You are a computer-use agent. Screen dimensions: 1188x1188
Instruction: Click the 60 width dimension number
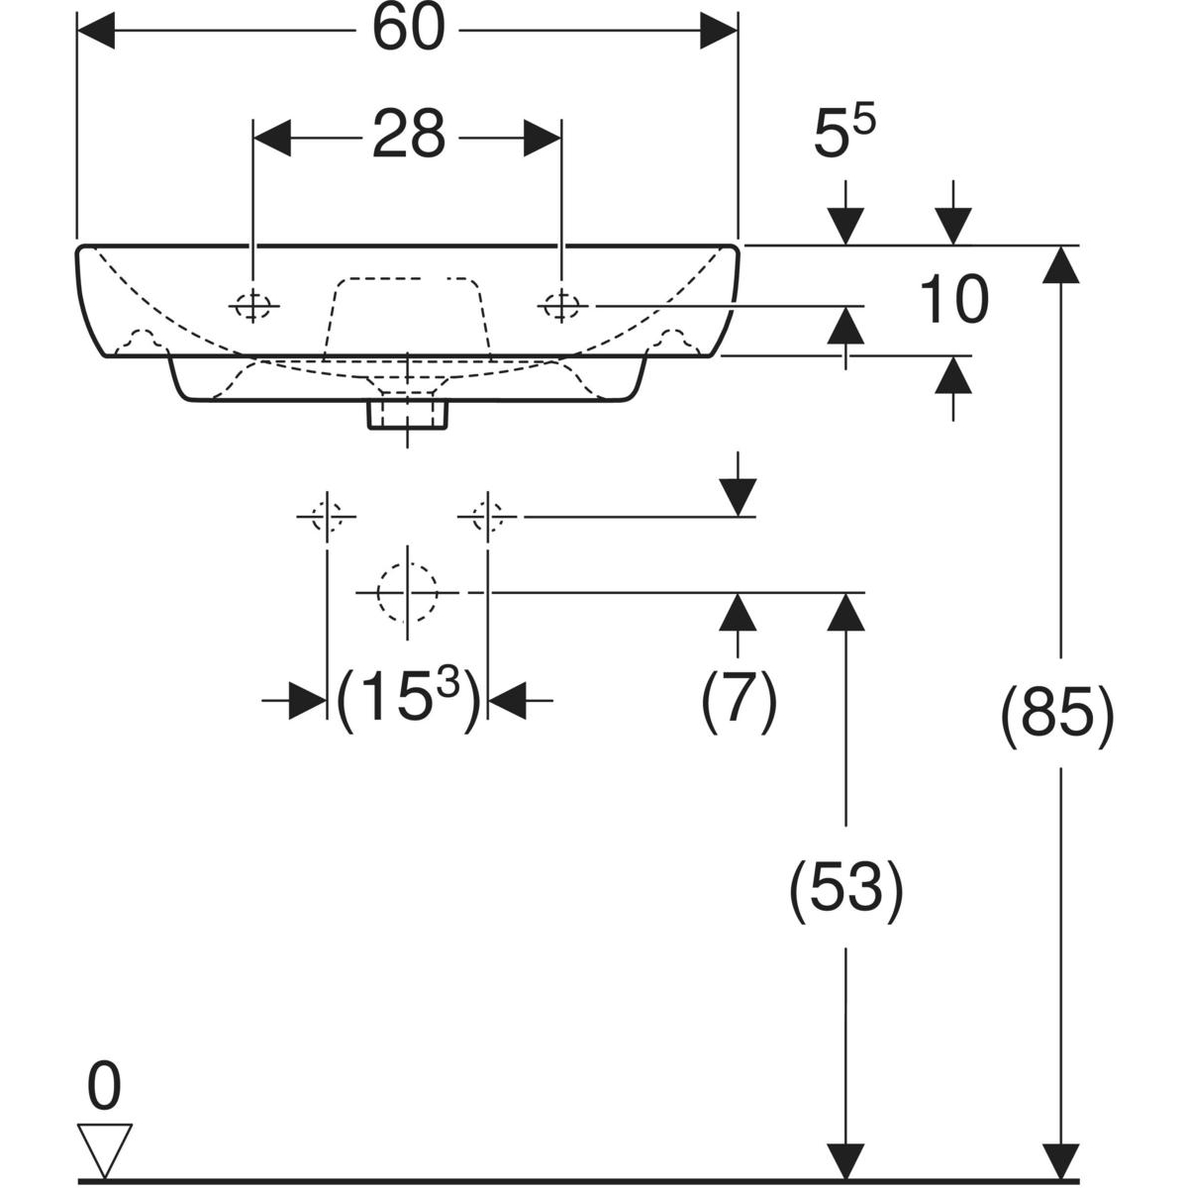click(408, 31)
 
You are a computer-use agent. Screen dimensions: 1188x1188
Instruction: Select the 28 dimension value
click(408, 136)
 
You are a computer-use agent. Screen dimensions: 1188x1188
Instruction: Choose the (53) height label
click(845, 888)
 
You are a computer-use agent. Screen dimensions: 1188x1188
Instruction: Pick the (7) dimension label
click(739, 700)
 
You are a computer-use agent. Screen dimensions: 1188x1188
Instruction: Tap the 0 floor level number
click(104, 1087)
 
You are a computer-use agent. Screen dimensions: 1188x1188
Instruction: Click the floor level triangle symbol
click(104, 1149)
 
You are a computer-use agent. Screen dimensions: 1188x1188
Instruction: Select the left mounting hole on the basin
click(253, 307)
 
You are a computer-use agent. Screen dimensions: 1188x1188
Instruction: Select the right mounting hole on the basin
click(561, 307)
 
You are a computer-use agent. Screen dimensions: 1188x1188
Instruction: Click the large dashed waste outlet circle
click(407, 592)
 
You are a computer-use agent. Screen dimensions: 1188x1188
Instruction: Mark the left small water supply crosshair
click(327, 516)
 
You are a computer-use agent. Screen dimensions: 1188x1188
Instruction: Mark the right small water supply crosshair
click(486, 516)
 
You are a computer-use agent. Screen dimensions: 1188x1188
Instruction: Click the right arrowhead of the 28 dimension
click(543, 137)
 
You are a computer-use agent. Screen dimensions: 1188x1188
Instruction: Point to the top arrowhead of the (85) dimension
click(1060, 262)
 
